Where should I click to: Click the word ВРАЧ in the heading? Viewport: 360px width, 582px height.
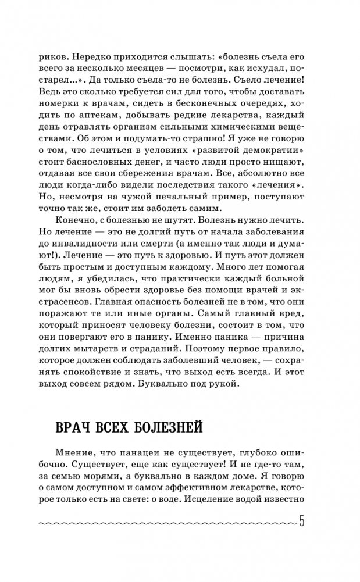tap(73, 428)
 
